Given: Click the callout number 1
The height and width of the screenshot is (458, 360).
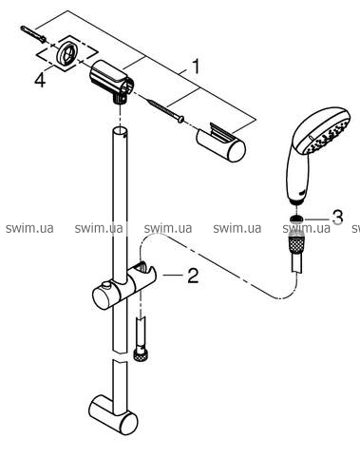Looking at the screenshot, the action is coord(197,67).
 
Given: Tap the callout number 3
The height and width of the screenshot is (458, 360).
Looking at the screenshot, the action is coord(336,217).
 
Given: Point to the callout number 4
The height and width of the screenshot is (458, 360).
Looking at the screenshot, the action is coord(40,79).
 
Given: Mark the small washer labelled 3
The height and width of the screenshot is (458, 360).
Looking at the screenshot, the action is coord(296,219).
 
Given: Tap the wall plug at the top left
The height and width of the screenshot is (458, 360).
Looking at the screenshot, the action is coord(33,33).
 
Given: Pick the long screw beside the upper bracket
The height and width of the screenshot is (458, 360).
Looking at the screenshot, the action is coord(165,110).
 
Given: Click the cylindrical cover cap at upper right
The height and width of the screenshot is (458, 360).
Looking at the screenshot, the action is coord(221,142).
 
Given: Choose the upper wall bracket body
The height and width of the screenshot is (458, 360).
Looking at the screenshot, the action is coord(111,81).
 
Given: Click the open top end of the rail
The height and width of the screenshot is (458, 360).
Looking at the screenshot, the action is coord(121,131).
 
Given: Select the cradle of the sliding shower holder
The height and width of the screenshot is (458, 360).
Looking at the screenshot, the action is coord(144,273).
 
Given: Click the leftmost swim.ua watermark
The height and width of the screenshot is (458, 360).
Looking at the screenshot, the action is coord(29,228).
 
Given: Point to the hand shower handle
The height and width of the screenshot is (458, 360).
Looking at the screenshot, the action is coord(296,178).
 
